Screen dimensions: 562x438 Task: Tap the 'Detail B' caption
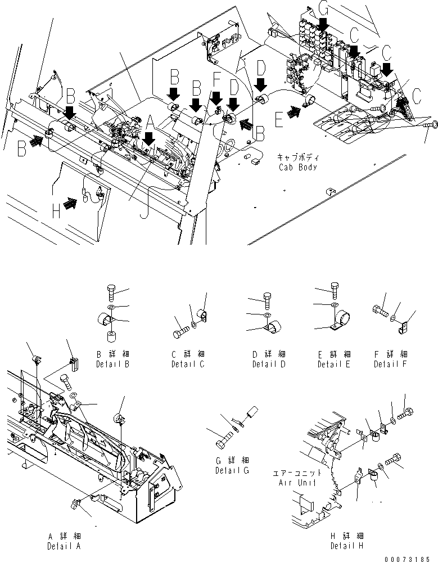[114, 365]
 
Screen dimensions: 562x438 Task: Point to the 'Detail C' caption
[188, 365]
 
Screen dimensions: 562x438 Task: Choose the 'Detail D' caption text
[269, 365]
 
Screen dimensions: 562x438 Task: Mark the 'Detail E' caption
[333, 365]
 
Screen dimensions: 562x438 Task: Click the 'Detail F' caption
[390, 365]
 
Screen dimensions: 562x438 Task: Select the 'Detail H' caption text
[347, 546]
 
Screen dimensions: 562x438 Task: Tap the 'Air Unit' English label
[296, 483]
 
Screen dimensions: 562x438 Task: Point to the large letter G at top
[323, 8]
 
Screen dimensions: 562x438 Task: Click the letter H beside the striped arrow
[56, 211]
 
